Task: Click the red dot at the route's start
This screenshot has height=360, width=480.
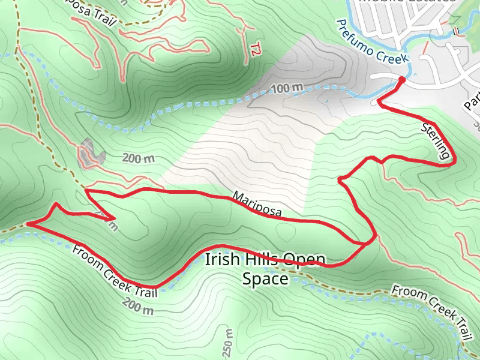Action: (x=401, y=79)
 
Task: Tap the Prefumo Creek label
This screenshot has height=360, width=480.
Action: (x=372, y=42)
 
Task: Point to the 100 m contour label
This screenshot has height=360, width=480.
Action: (x=286, y=89)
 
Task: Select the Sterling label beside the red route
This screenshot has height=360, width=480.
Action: (x=436, y=141)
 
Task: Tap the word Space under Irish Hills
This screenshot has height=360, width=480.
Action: (x=265, y=279)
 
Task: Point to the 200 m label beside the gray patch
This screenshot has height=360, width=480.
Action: (x=139, y=159)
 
